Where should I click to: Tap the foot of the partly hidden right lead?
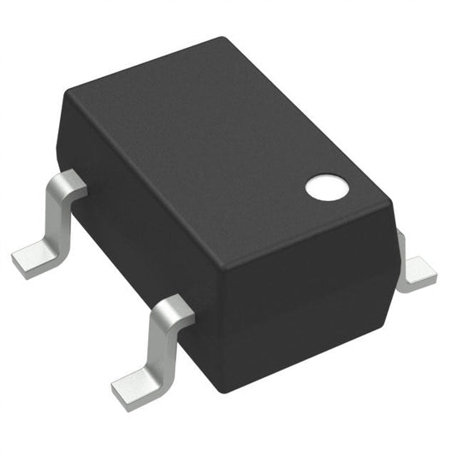(418, 273)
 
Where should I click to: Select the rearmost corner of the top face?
(224, 39)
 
